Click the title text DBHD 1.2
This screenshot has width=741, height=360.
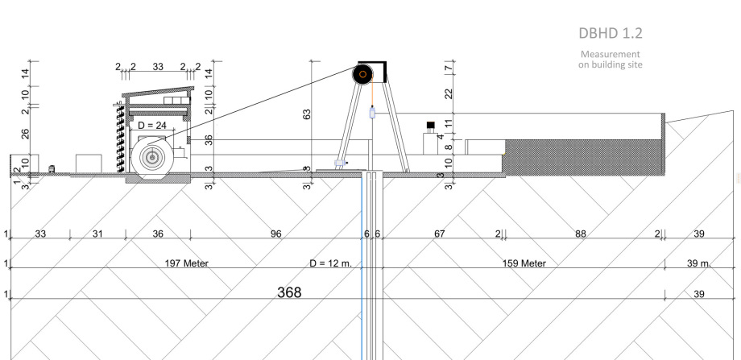click(x=611, y=34)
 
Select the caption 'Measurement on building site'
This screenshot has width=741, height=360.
click(x=611, y=60)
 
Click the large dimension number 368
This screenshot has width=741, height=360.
click(x=289, y=292)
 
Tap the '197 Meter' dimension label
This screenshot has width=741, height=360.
click(x=187, y=263)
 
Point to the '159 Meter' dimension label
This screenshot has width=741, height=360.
click(x=524, y=263)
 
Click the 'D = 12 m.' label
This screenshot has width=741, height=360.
click(x=331, y=263)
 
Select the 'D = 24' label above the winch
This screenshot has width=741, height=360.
click(x=153, y=125)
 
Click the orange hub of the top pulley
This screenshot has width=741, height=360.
click(x=363, y=74)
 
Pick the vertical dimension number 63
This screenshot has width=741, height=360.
click(x=307, y=115)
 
